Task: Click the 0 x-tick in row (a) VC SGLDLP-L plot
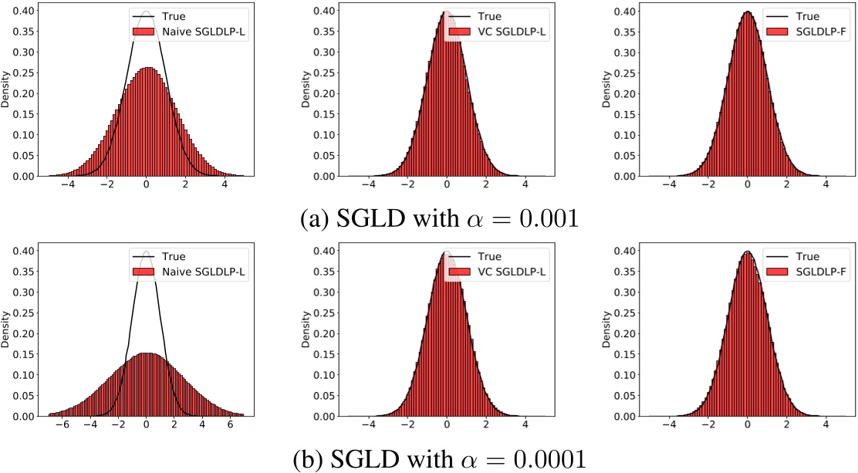447,188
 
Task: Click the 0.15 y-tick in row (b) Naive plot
22,354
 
